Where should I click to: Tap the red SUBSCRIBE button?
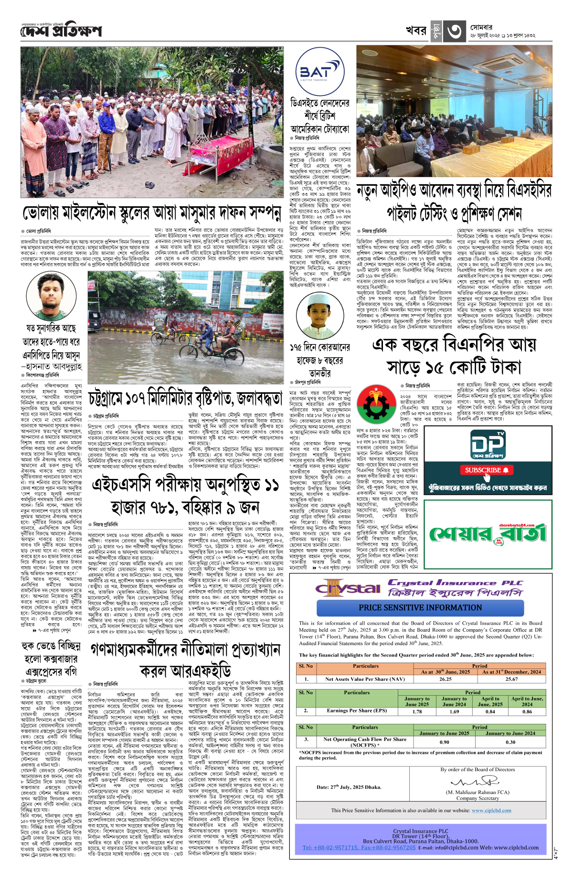[487, 470]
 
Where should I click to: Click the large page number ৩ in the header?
[454, 32]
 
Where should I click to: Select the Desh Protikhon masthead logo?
[61, 31]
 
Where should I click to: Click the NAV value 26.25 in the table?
[445, 679]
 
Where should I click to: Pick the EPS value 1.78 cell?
[417, 711]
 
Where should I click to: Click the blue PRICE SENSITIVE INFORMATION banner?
[420, 608]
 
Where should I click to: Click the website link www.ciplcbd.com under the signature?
[491, 810]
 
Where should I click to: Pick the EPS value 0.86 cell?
[527, 711]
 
